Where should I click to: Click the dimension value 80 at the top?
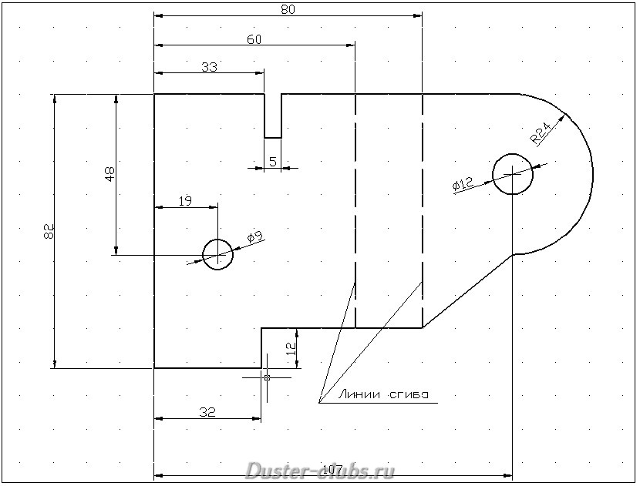[x=288, y=9]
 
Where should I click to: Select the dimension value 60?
[x=254, y=39]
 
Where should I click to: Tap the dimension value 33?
[x=209, y=67]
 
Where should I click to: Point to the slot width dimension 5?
[x=272, y=161]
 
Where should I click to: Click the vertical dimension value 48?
[x=109, y=174]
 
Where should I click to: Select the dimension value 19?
[x=185, y=201]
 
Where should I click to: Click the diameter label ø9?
[x=255, y=238]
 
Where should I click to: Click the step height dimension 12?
[x=290, y=347]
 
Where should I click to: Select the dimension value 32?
[x=207, y=412]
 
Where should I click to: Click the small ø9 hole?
[x=217, y=253]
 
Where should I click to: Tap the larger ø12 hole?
[x=512, y=174]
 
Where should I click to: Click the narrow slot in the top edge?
[x=273, y=116]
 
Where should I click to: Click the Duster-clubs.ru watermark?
[x=320, y=470]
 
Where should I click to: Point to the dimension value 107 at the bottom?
[x=332, y=470]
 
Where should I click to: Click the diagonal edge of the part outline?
[x=467, y=291]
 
